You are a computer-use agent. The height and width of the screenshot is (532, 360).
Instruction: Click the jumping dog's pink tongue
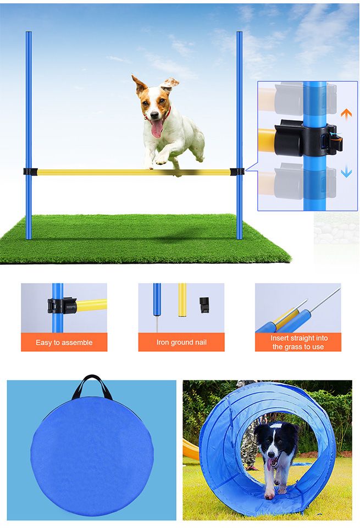(157, 128)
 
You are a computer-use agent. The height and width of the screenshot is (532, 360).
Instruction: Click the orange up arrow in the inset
(346, 114)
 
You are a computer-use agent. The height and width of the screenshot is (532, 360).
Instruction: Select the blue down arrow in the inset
(346, 172)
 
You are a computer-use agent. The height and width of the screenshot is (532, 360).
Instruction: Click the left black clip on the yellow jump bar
(30, 171)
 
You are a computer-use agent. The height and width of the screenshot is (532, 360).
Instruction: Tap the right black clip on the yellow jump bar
(237, 171)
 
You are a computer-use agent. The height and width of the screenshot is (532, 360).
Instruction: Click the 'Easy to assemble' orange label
(64, 342)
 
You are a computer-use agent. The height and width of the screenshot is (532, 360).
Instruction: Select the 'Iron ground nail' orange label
(181, 342)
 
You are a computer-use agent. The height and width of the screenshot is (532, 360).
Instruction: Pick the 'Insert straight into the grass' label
(298, 342)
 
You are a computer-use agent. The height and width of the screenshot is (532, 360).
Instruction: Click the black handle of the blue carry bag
(92, 385)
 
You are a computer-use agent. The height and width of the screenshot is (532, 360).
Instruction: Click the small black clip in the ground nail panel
(204, 304)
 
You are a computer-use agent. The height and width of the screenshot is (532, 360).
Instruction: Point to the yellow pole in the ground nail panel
(182, 300)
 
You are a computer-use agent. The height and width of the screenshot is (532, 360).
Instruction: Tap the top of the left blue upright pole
(29, 34)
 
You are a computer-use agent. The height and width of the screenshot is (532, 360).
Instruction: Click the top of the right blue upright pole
(239, 34)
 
